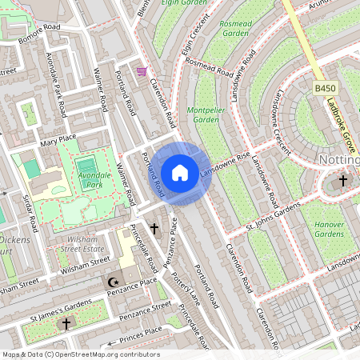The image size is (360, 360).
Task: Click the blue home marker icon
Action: click(x=180, y=172)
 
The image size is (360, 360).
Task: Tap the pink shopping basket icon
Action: click(x=142, y=71)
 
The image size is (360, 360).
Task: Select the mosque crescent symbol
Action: click(x=113, y=282)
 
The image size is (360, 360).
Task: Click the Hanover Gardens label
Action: click(x=328, y=230)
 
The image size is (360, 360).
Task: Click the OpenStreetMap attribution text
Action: click(x=80, y=354)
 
